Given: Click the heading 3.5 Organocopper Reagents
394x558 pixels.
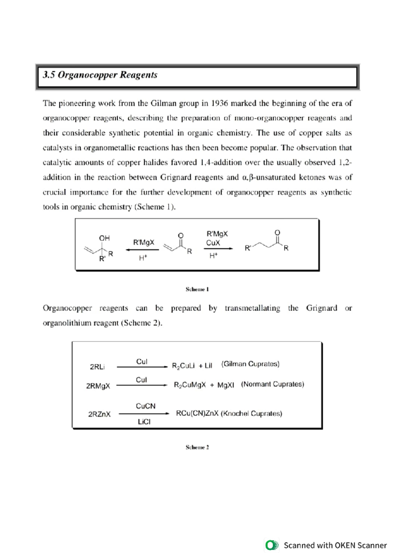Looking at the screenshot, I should pos(100,75).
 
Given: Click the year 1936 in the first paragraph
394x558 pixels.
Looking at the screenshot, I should pos(219,103).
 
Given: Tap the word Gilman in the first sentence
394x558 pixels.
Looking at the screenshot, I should pos(164,103).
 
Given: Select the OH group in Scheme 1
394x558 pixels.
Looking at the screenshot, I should pos(104,238).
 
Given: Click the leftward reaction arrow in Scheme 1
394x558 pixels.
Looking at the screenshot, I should pos(142,250).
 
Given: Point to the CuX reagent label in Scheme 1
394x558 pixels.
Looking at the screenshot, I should pos(213,243).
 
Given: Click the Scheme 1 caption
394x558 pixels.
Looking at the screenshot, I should pos(197,289).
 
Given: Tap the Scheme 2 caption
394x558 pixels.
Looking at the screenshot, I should pos(197,447).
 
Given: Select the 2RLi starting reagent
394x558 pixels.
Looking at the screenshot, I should pos(97,367).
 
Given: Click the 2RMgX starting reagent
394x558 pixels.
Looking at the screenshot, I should pos(98,386).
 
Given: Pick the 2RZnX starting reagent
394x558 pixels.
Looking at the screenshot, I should pos(99,414).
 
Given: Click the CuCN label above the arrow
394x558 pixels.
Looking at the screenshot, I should pos(145,406).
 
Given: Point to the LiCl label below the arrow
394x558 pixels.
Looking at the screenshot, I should pos(144,422).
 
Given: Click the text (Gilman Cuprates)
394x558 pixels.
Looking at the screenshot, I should pos(250,364).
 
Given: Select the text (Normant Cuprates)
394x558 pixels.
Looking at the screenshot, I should pos(273,384).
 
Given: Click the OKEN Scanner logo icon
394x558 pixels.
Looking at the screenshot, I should pos(272,545).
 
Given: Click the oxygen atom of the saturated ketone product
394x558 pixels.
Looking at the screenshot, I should pos(277,233).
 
